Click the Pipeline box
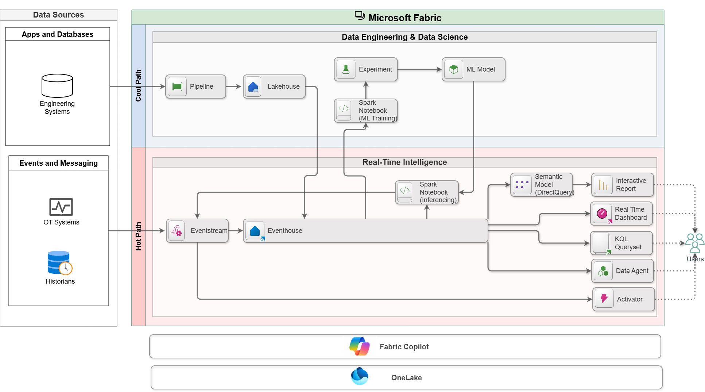point(196,87)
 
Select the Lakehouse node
point(274,87)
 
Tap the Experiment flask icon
point(346,69)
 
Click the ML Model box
point(473,69)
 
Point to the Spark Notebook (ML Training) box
point(366,111)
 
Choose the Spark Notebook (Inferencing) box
point(427,192)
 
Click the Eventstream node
point(197,231)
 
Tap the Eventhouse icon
point(255,231)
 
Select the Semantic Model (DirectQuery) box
point(542,185)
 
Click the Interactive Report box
point(622,185)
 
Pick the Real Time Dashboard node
point(621,214)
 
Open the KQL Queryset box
point(621,243)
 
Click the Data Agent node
point(622,271)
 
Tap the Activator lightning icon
point(604,299)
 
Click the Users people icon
point(694,243)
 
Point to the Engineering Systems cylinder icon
point(57,86)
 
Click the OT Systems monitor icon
point(61,207)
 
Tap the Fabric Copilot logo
point(360,346)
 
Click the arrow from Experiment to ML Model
point(419,69)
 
